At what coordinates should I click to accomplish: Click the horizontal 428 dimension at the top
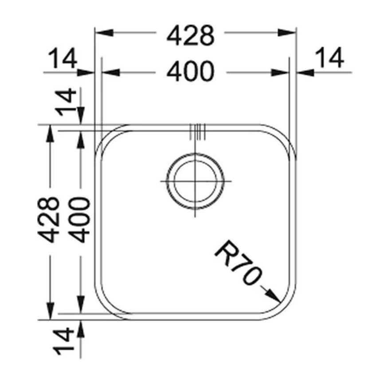(x=190, y=36)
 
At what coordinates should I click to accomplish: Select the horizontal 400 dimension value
(x=190, y=71)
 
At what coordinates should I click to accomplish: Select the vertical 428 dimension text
(x=48, y=219)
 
